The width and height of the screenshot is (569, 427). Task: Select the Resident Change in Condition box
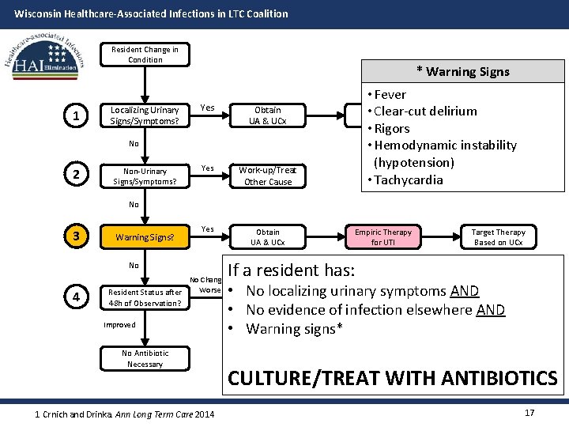145,55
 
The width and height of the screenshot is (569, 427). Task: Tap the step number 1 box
75,116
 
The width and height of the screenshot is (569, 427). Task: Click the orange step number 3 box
75,236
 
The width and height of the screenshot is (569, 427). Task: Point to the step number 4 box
75,297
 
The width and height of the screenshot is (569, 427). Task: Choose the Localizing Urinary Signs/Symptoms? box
145,116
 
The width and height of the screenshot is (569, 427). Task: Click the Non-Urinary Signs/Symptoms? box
145,176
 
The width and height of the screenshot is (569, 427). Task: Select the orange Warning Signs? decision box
145,236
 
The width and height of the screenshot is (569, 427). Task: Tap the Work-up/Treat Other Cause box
268,176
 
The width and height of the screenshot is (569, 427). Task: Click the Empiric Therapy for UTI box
383,236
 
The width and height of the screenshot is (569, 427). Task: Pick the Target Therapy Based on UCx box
498,236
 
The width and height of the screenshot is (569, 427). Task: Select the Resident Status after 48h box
145,297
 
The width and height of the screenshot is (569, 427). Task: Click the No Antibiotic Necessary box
145,359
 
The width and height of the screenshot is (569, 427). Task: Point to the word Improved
119,325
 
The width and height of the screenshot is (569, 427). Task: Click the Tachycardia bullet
408,179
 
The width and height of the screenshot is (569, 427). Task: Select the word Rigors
391,128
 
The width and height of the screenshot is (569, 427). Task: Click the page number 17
529,413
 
